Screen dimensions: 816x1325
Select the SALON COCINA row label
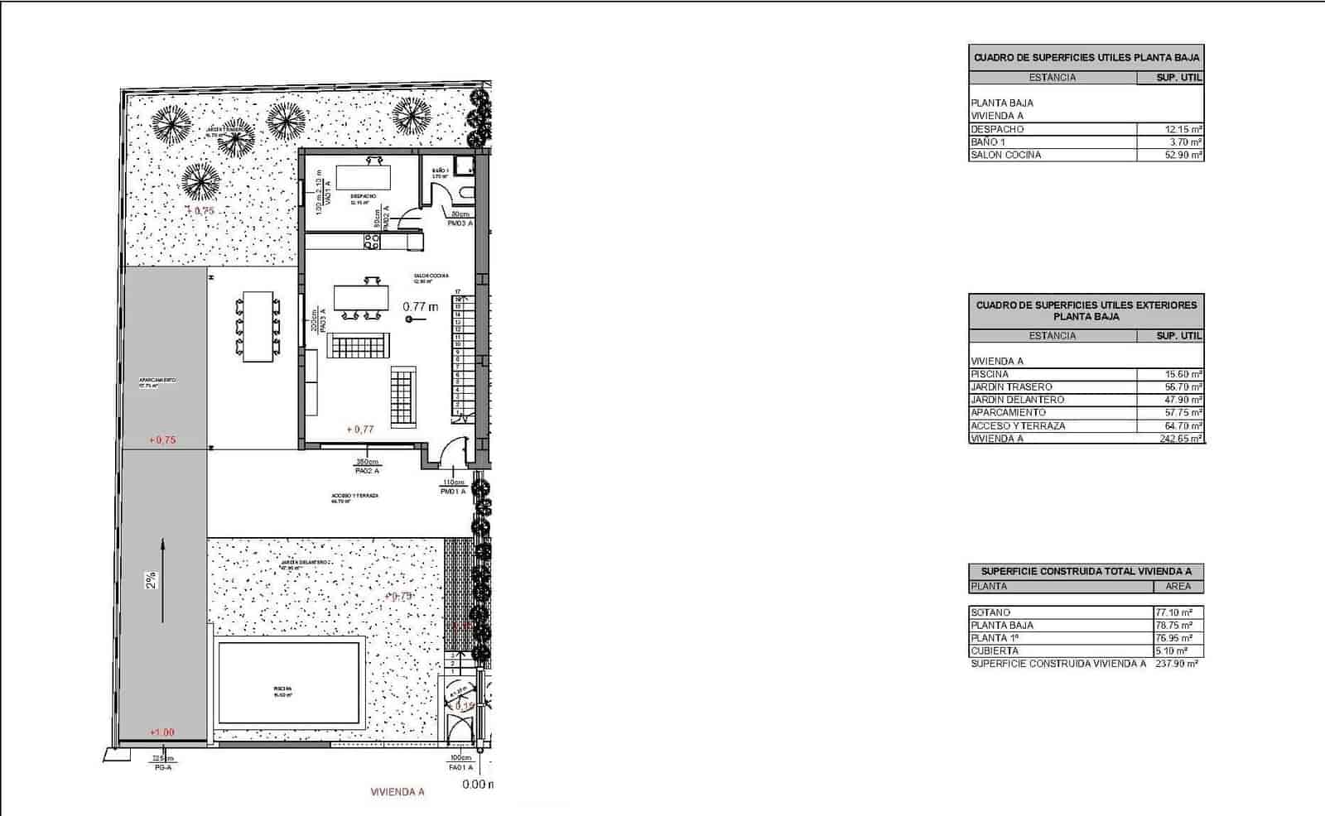pyautogui.click(x=1005, y=155)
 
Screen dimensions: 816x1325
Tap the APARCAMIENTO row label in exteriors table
pyautogui.click(x=1008, y=412)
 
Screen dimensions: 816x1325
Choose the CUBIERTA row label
pyautogui.click(x=995, y=651)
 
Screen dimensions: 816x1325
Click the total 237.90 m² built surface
pyautogui.click(x=1176, y=664)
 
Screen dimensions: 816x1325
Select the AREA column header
pyautogui.click(x=1178, y=586)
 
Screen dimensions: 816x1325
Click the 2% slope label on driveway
pyautogui.click(x=152, y=580)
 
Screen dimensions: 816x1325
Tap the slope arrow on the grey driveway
pyautogui.click(x=163, y=579)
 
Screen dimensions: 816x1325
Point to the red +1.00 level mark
pyautogui.click(x=162, y=732)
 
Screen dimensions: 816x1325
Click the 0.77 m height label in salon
pyautogui.click(x=421, y=306)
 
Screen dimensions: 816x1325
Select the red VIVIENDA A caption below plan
pyautogui.click(x=397, y=792)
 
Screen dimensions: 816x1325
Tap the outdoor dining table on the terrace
pyautogui.click(x=258, y=326)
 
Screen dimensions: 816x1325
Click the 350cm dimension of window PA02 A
pyautogui.click(x=367, y=462)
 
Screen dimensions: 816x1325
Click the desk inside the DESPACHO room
pyautogui.click(x=363, y=177)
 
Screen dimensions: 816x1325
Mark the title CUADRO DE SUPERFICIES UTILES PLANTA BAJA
pyautogui.click(x=1086, y=58)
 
